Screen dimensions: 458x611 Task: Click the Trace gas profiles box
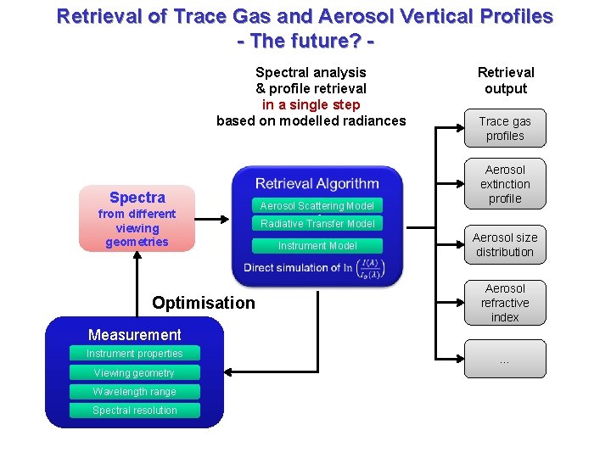[505, 129]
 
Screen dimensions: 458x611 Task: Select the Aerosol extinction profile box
[505, 184]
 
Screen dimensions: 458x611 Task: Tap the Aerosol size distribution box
[505, 245]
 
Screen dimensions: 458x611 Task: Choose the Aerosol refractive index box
[505, 303]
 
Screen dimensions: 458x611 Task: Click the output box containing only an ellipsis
[505, 360]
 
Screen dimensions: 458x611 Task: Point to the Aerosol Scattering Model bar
[317, 206]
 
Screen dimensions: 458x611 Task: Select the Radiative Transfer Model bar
[317, 224]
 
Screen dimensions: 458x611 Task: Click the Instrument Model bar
[317, 246]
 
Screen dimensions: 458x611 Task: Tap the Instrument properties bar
[134, 354]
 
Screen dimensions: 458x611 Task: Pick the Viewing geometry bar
[134, 373]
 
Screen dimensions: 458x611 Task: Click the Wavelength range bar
[134, 392]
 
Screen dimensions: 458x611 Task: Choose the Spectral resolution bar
[134, 411]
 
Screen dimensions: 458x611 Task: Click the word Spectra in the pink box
[137, 198]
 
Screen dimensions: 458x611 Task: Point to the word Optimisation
[203, 303]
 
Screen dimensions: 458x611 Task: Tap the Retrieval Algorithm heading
[317, 183]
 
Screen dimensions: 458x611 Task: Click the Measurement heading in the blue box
[134, 335]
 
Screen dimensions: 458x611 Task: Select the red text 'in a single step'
[311, 104]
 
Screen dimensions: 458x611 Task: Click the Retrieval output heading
[506, 81]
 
